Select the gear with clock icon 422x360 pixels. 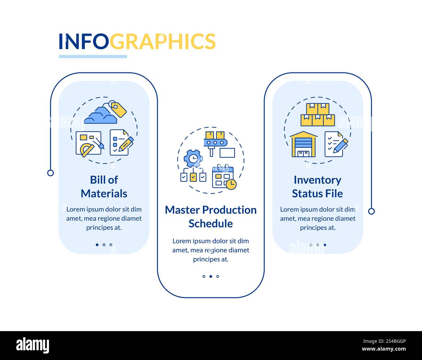click(193, 158)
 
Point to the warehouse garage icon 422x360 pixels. click(303, 144)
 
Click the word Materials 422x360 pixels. click(104, 193)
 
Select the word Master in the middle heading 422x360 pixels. click(182, 210)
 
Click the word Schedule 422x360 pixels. click(211, 223)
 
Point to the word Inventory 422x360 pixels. click(317, 180)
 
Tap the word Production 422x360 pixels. click(229, 210)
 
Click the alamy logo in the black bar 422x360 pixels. click(33, 345)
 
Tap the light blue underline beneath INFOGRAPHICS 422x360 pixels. click(93, 56)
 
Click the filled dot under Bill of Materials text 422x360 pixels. click(97, 245)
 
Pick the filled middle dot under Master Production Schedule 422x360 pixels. click(211, 277)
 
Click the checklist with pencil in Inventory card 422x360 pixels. click(336, 144)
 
